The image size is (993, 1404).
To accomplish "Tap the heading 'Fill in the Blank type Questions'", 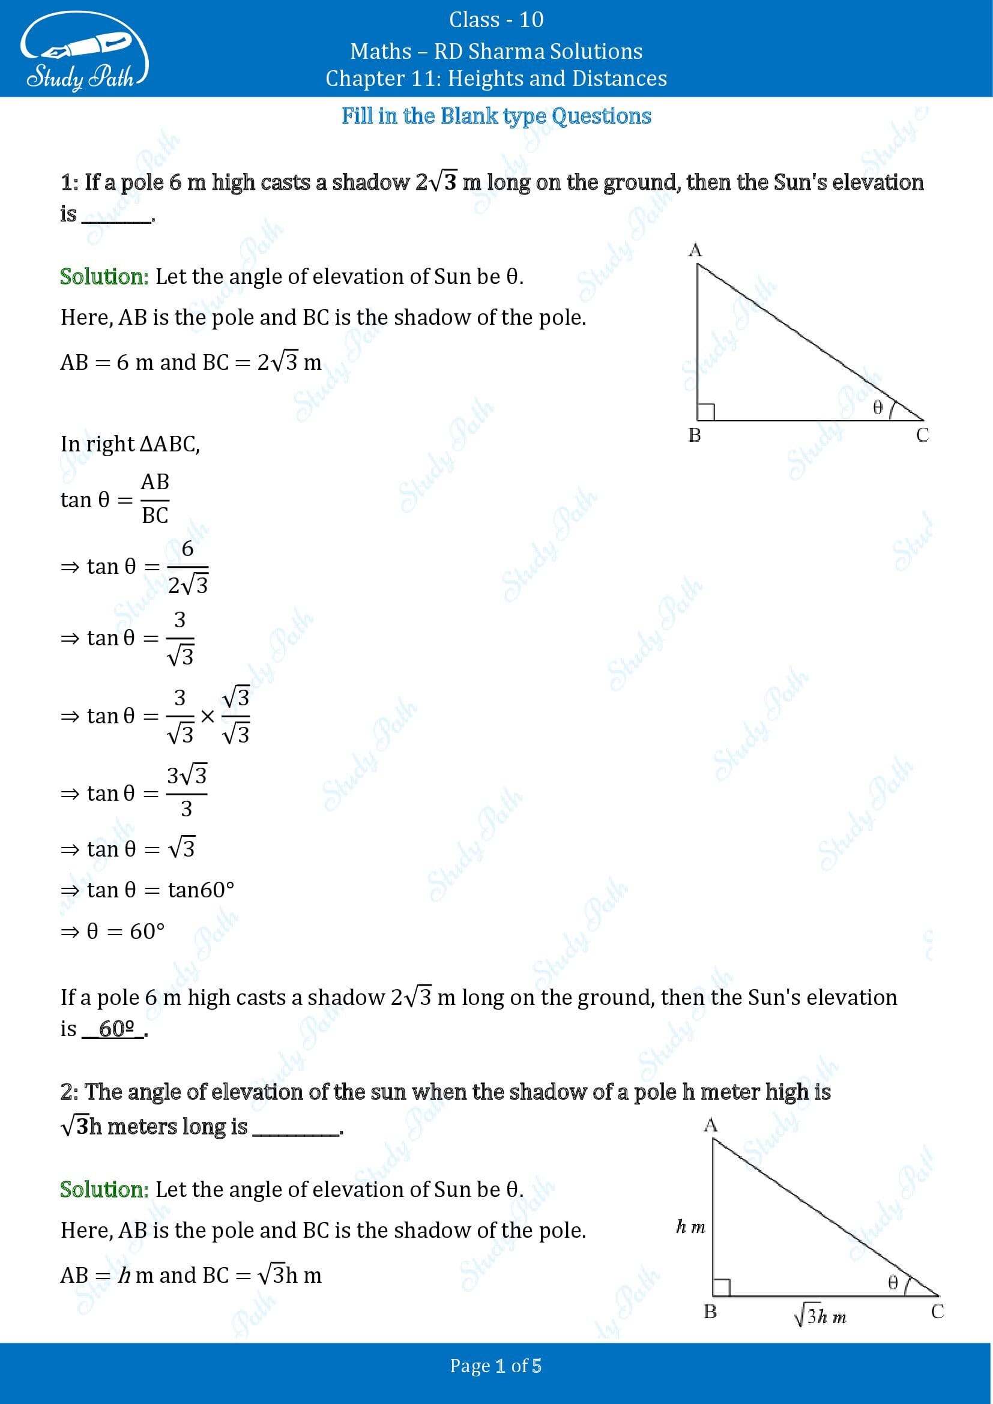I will (x=496, y=116).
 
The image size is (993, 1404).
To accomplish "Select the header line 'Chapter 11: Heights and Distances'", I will (x=496, y=78).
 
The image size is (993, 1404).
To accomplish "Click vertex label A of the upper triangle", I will (x=695, y=250).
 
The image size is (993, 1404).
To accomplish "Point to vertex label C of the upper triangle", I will (x=922, y=435).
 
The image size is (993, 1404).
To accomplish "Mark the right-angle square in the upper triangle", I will (x=705, y=412).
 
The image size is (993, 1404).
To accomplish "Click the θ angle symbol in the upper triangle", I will (x=878, y=407).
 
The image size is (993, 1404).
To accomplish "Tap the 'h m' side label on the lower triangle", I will (x=690, y=1226).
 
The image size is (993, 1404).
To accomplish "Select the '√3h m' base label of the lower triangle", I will (x=820, y=1316).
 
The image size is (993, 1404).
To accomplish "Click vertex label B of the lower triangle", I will (x=710, y=1312).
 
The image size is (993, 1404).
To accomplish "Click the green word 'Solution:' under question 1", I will (x=104, y=276).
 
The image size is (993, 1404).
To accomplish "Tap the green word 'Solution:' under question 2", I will (x=104, y=1189).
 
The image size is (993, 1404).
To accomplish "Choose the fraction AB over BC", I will (x=155, y=498).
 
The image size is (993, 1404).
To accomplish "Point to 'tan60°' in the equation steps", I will (x=201, y=890).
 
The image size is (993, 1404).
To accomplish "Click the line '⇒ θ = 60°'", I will (x=112, y=931).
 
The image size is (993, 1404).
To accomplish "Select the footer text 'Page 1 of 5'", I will (x=496, y=1366).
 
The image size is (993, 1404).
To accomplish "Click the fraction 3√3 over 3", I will (x=187, y=792).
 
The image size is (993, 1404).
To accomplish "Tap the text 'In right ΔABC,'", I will (x=130, y=444).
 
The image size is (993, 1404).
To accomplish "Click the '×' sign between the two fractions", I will (x=208, y=716).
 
